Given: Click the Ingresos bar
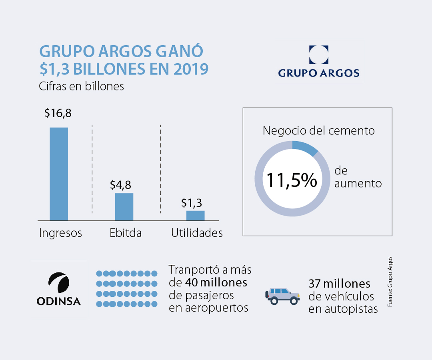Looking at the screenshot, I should pos(59,174).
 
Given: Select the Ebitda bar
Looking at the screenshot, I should pos(124,206).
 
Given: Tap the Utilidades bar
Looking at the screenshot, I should pos(195,215).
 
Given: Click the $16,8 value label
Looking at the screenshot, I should pos(58,113).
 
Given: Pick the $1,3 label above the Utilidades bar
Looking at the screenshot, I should pos(191,203).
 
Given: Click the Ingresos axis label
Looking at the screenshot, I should pos(60,233).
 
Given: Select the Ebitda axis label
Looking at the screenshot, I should pos(126,233).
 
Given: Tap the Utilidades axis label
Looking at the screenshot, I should pos(197,233).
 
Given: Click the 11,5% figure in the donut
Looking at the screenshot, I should pos(291,180).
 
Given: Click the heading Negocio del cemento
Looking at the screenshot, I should pos(318,130).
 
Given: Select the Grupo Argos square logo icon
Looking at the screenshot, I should pos(319,55).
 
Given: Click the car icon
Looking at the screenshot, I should pos(283,296).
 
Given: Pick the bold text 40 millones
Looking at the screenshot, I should pos(216,282).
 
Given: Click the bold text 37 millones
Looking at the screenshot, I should pos(339,284).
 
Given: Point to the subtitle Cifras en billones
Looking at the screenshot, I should pos(82,86).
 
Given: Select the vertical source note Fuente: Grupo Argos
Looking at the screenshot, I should pos(390,282).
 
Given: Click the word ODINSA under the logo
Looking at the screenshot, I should pos(58,301).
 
